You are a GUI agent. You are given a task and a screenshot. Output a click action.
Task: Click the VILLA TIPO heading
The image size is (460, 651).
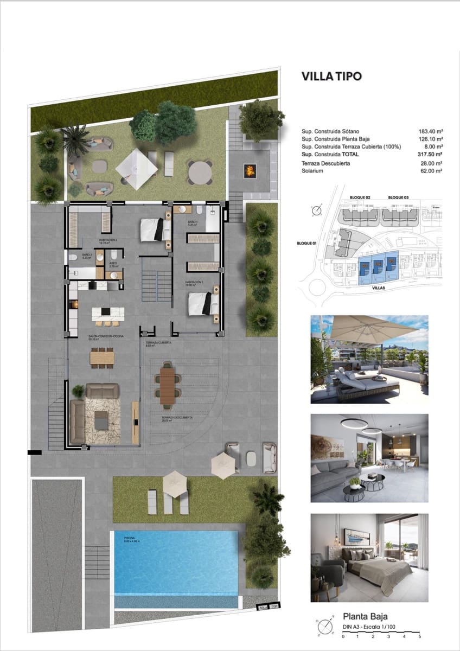(333, 76)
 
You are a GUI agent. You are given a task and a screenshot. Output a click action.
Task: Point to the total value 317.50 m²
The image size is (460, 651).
(431, 155)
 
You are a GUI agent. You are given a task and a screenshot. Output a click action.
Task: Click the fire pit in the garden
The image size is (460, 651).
(250, 171)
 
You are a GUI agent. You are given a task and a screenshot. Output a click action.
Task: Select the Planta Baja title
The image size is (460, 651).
(365, 616)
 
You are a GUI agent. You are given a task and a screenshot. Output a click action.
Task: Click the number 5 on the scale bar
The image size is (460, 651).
(419, 636)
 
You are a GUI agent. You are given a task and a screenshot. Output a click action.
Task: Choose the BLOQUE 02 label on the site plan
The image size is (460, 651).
(359, 197)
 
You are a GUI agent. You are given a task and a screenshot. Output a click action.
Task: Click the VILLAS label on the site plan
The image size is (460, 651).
(379, 288)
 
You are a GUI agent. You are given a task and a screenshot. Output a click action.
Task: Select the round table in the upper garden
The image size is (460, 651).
(200, 172)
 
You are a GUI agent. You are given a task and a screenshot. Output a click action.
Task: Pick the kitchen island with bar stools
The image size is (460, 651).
(107, 314)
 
